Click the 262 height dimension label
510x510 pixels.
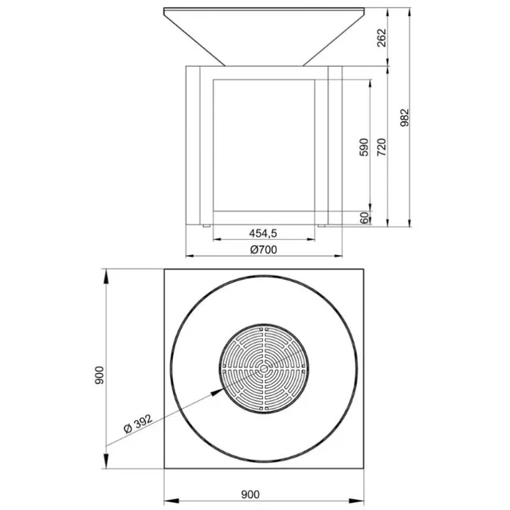point(382,37)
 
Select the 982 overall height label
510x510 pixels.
point(404,118)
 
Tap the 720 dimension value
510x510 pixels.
point(382,147)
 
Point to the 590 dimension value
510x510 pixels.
point(365,147)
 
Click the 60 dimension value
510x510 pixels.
point(365,218)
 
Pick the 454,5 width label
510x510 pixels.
point(263,233)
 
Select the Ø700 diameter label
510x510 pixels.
point(264,249)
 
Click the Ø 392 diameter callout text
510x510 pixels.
point(138,423)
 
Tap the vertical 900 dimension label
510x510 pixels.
point(99,375)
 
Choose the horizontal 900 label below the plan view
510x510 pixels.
point(250,494)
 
